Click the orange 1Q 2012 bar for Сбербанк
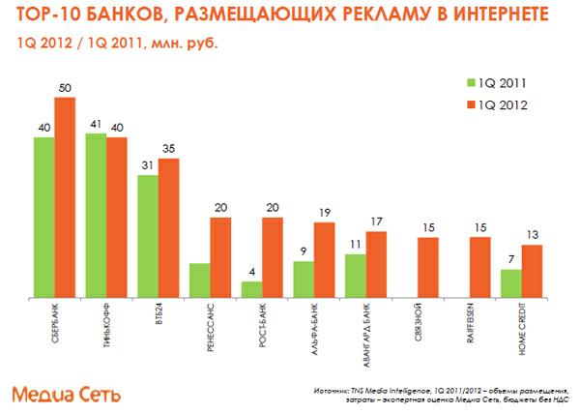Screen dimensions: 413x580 click(x=65, y=197)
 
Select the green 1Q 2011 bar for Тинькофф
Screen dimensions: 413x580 click(x=96, y=216)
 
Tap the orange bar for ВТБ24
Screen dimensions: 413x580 click(x=168, y=228)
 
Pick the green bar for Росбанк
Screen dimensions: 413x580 click(x=251, y=289)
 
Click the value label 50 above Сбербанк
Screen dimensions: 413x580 click(x=65, y=89)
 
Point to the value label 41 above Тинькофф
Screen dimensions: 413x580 click(x=95, y=125)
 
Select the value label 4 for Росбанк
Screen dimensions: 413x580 click(x=251, y=273)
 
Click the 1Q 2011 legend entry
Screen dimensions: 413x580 click(x=489, y=84)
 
